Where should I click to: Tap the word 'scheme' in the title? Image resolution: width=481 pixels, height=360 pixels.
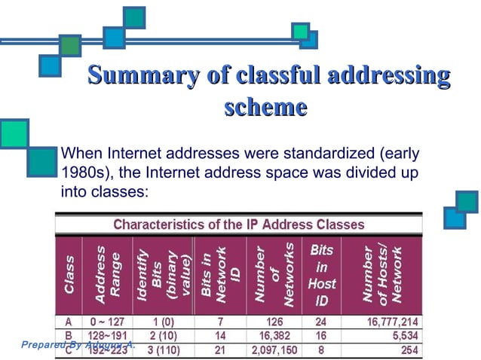(265, 107)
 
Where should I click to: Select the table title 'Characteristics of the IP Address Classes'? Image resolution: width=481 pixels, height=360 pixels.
(238, 224)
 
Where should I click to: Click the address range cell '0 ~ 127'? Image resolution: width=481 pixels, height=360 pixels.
(109, 322)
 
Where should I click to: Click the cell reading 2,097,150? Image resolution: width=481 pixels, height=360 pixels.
(272, 350)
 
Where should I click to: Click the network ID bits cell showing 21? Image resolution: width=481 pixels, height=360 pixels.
(219, 350)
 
